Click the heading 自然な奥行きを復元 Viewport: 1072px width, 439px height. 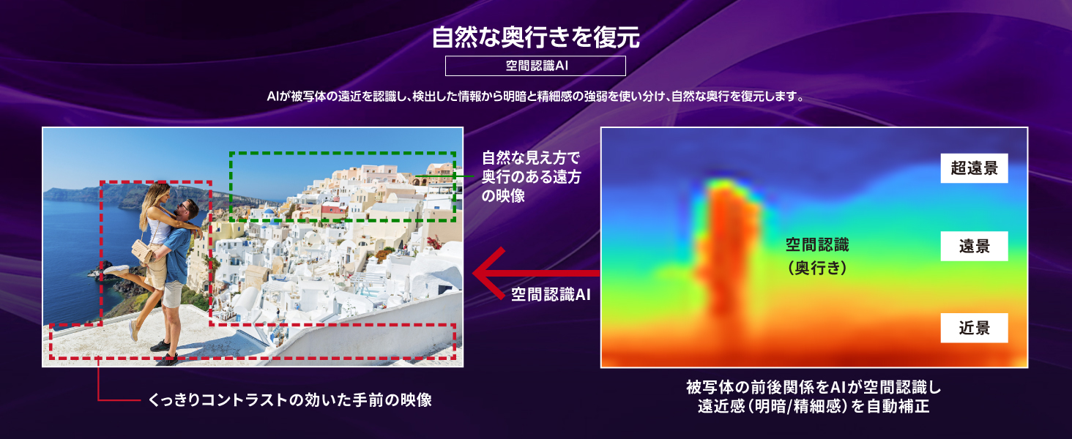click(x=535, y=37)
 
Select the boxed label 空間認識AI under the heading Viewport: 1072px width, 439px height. click(x=535, y=66)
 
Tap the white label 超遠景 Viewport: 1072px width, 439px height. click(x=974, y=168)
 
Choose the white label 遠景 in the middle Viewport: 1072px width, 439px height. click(x=974, y=247)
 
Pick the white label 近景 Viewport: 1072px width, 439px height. click(x=974, y=328)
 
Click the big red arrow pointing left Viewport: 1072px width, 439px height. click(x=536, y=273)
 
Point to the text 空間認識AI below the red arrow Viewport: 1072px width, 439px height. click(x=551, y=294)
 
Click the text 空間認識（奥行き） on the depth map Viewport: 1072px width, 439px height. click(x=817, y=256)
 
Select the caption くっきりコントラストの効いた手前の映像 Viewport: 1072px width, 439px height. click(x=290, y=399)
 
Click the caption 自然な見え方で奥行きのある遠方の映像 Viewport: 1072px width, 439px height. click(x=531, y=176)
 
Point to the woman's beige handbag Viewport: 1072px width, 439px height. click(x=142, y=252)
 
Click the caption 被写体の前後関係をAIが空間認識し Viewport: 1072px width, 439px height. click(x=813, y=387)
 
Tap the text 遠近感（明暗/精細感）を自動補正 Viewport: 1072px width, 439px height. click(x=813, y=407)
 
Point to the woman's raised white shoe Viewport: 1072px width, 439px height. click(x=116, y=270)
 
